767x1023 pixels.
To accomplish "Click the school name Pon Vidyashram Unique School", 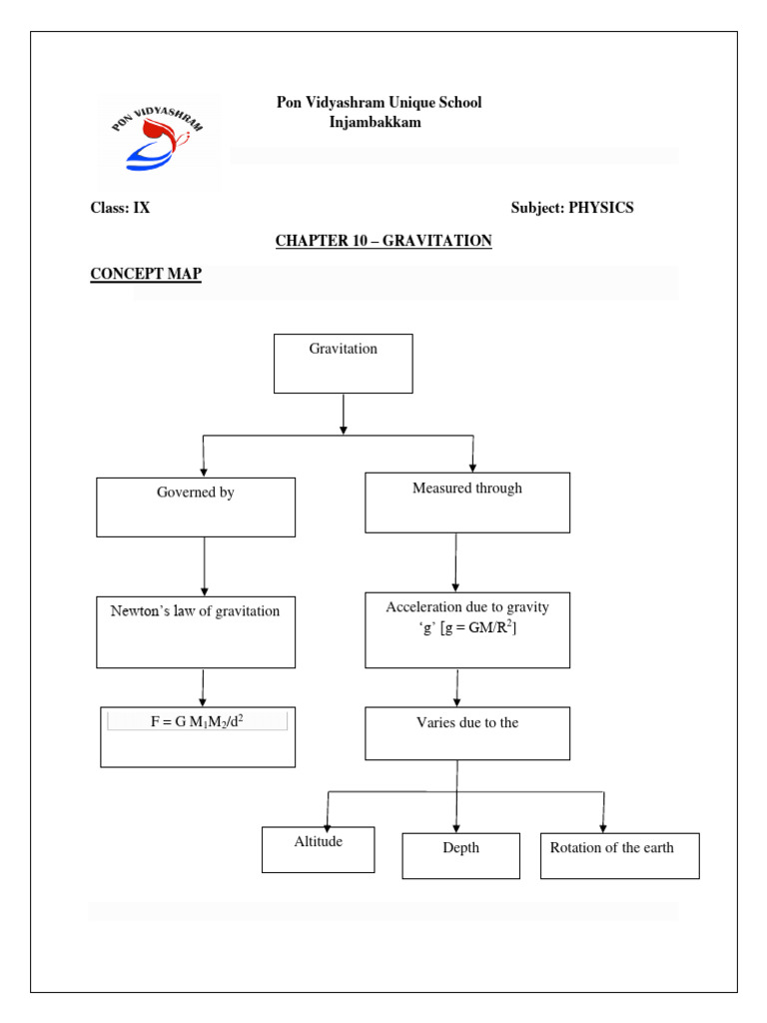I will (379, 103).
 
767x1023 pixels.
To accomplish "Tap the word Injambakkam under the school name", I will (375, 122).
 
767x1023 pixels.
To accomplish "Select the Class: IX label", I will (120, 208).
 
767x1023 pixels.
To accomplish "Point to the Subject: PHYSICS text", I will (571, 208).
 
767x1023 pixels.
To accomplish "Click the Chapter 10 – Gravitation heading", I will (383, 241).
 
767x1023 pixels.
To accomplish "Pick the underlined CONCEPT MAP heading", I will (146, 274).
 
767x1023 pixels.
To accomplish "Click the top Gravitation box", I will (343, 363).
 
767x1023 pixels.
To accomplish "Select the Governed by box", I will (196, 507).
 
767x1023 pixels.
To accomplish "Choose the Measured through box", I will (467, 503).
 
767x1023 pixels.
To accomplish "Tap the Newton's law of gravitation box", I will (196, 631).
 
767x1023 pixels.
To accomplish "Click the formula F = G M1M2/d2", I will (197, 721).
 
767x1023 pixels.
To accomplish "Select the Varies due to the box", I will (467, 733).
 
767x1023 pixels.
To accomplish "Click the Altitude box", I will (318, 849).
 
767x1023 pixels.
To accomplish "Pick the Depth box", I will (460, 855).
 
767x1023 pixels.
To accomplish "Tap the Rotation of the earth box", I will (619, 855).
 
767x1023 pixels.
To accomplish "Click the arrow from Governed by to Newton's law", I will (204, 566).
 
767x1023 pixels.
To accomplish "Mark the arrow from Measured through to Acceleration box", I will (456, 561).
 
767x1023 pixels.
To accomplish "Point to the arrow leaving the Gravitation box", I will (344, 414).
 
